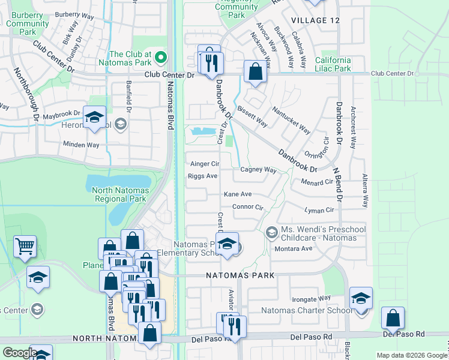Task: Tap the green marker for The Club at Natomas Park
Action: click(160, 58)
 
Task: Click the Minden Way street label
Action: click(81, 144)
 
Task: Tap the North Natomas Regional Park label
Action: click(119, 194)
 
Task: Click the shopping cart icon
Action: click(25, 246)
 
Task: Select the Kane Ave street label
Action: click(238, 194)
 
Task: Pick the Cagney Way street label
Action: click(258, 170)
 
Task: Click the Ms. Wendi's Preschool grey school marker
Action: click(271, 232)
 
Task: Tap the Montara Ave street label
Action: click(294, 248)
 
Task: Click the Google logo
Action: click(20, 353)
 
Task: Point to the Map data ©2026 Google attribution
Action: click(411, 355)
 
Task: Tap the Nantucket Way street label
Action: click(291, 120)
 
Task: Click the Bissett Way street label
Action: click(252, 117)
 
